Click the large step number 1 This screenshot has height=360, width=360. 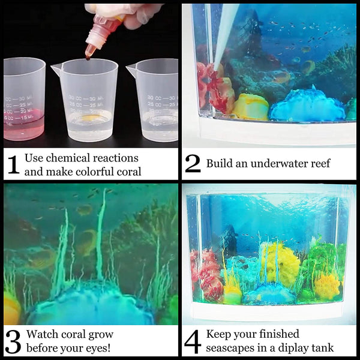(13, 164)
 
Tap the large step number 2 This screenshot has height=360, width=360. (193, 163)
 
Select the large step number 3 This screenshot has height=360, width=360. (13, 341)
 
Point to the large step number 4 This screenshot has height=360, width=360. (193, 341)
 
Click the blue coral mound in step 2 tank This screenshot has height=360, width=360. (307, 105)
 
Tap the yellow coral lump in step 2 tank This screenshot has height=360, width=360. (250, 107)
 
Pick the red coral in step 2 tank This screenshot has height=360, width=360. (215, 88)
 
